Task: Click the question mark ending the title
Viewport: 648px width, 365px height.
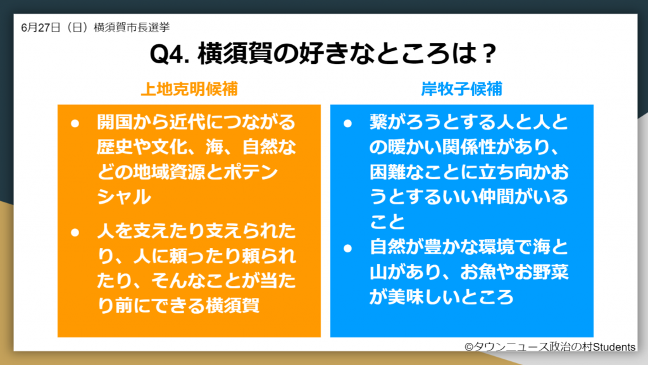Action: [x=488, y=54]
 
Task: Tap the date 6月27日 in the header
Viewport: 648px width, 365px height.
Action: [x=39, y=27]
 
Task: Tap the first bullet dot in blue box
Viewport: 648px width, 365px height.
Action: [x=347, y=123]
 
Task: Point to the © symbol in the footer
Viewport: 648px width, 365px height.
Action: [x=469, y=347]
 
